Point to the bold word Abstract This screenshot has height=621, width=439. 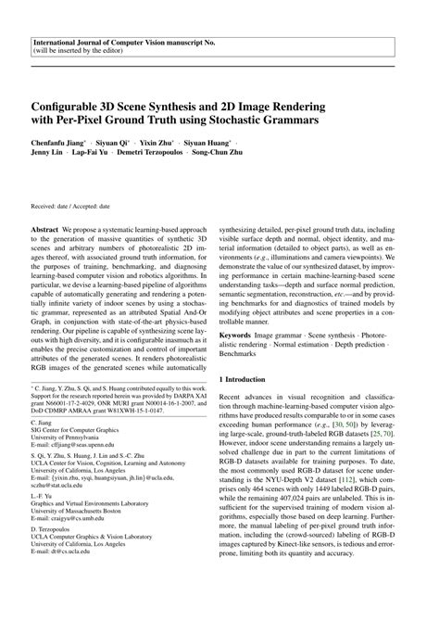(48, 226)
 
